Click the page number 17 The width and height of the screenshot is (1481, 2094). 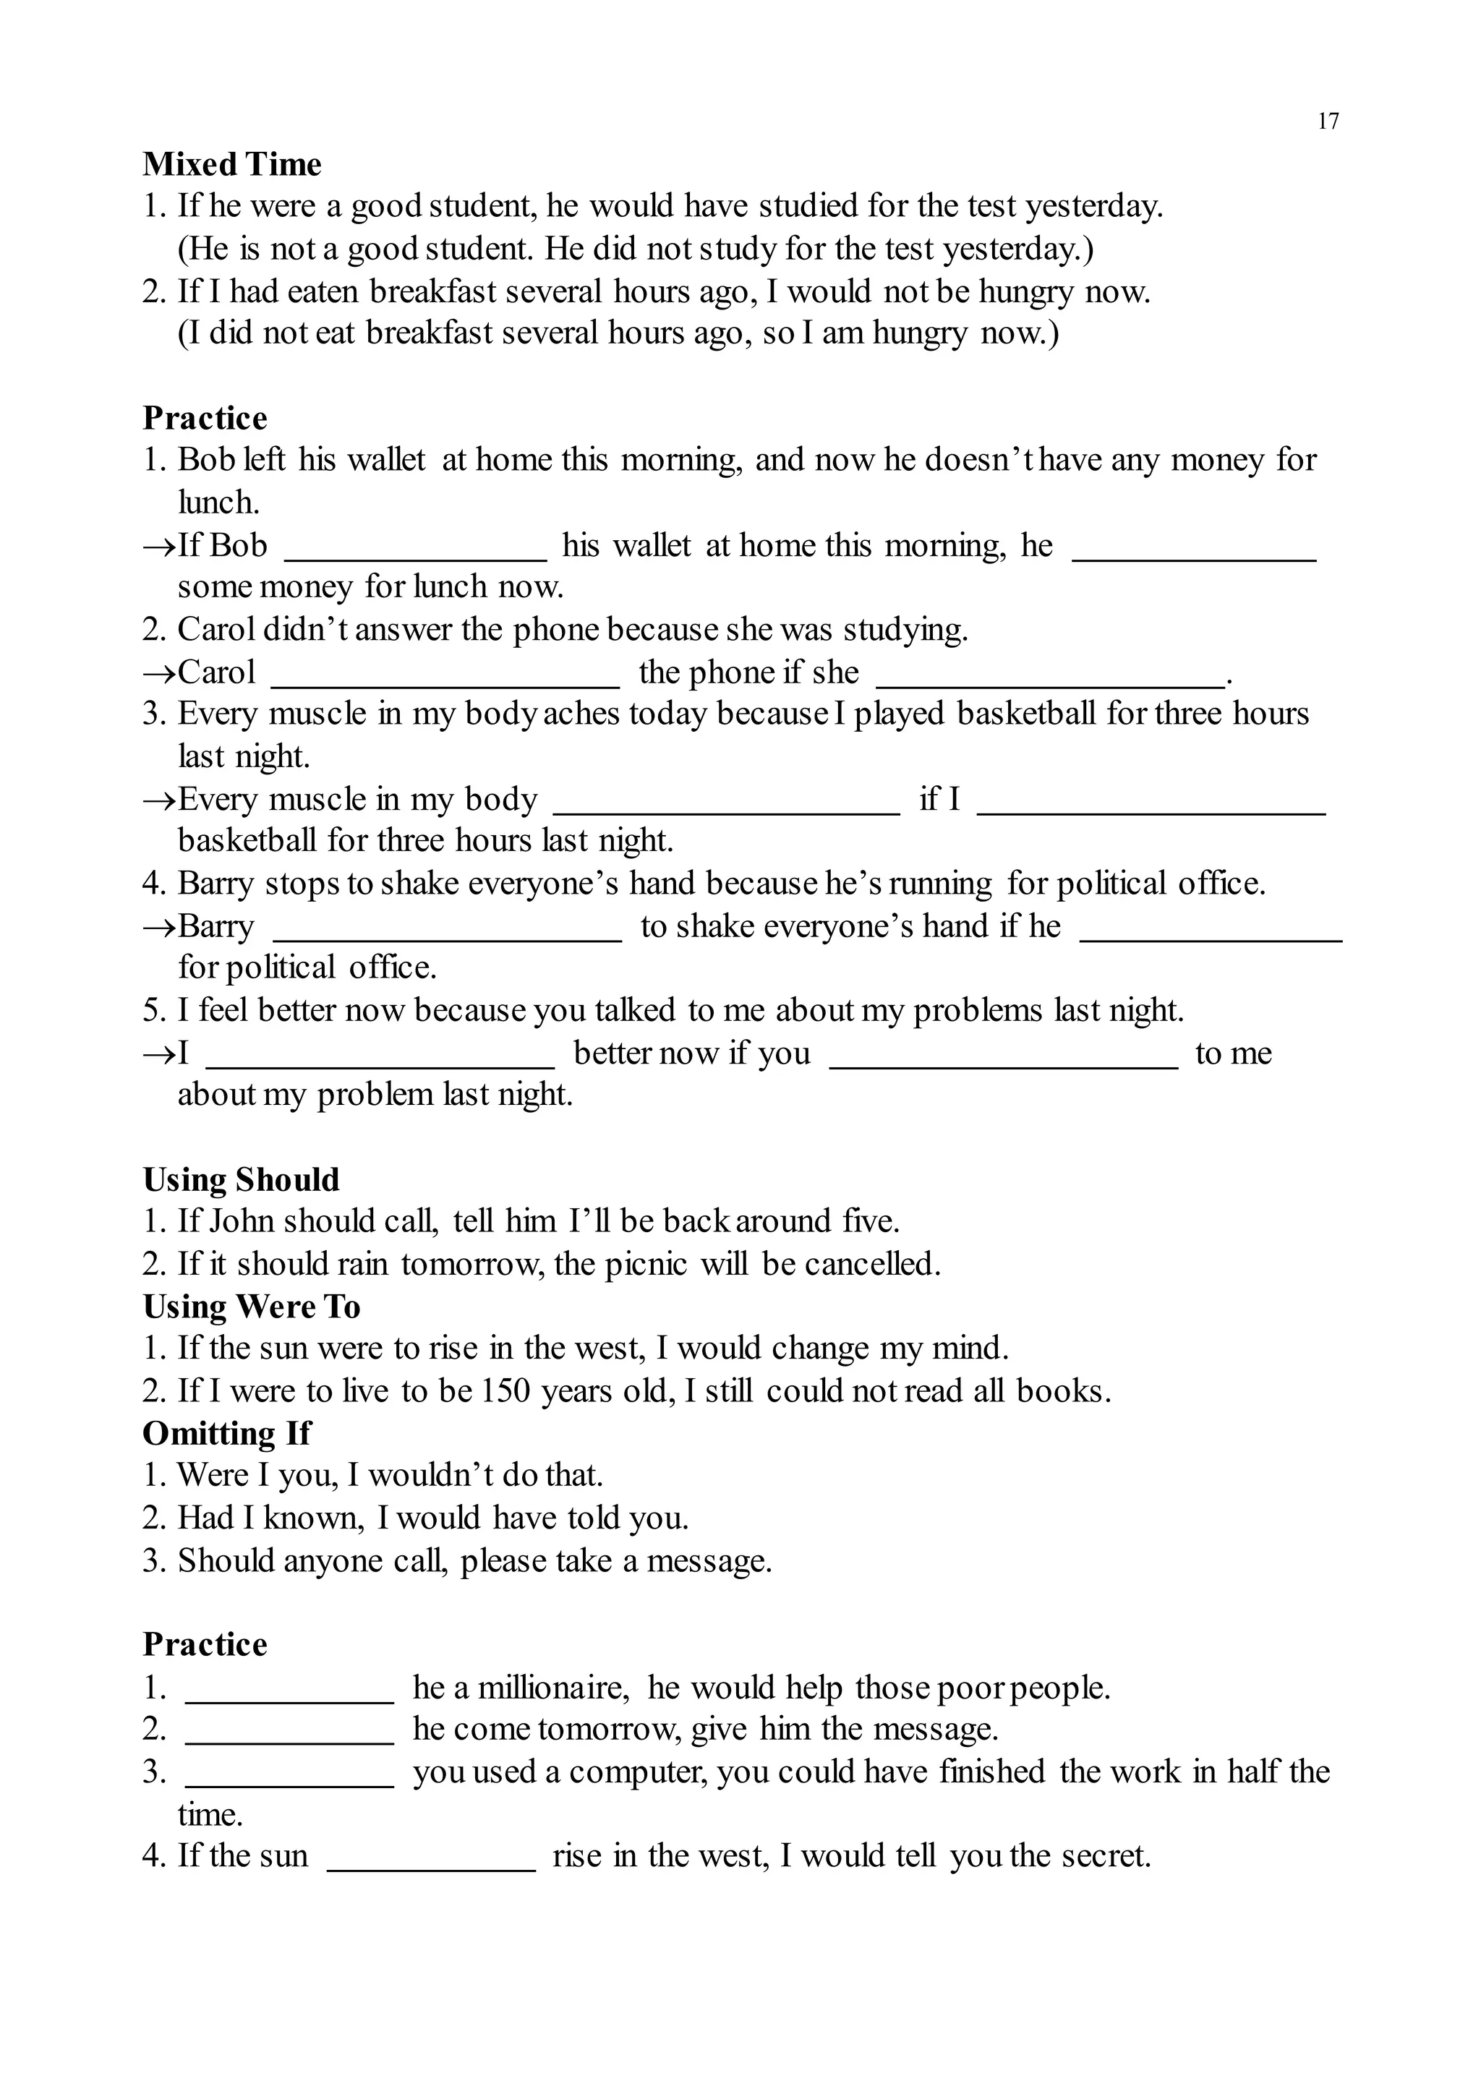pyautogui.click(x=1328, y=121)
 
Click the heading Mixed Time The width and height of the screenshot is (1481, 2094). pyautogui.click(x=231, y=164)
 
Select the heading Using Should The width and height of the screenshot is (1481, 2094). pyautogui.click(x=241, y=1179)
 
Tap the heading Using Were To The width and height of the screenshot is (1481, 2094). pyautogui.click(x=251, y=1306)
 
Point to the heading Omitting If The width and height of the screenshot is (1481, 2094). pyautogui.click(x=226, y=1433)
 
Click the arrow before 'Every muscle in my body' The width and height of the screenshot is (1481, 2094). pyautogui.click(x=160, y=800)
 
